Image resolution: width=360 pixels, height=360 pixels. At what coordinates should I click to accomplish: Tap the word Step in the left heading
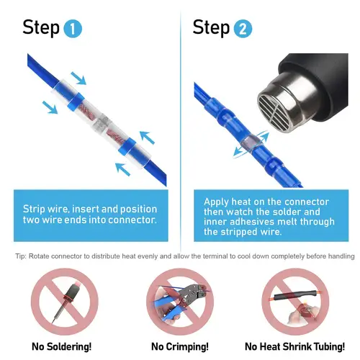[x=41, y=28]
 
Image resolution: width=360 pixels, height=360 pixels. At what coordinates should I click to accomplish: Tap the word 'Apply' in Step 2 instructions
[x=217, y=202]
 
